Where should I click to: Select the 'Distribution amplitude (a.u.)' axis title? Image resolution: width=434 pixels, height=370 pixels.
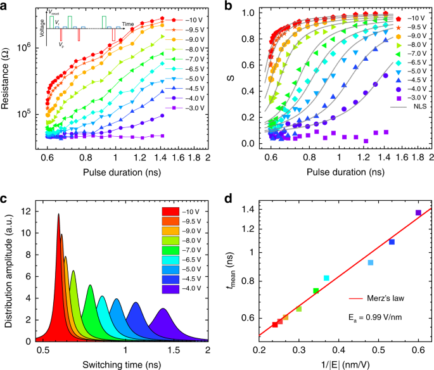click(8, 272)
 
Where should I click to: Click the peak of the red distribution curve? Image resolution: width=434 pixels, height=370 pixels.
click(58, 214)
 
